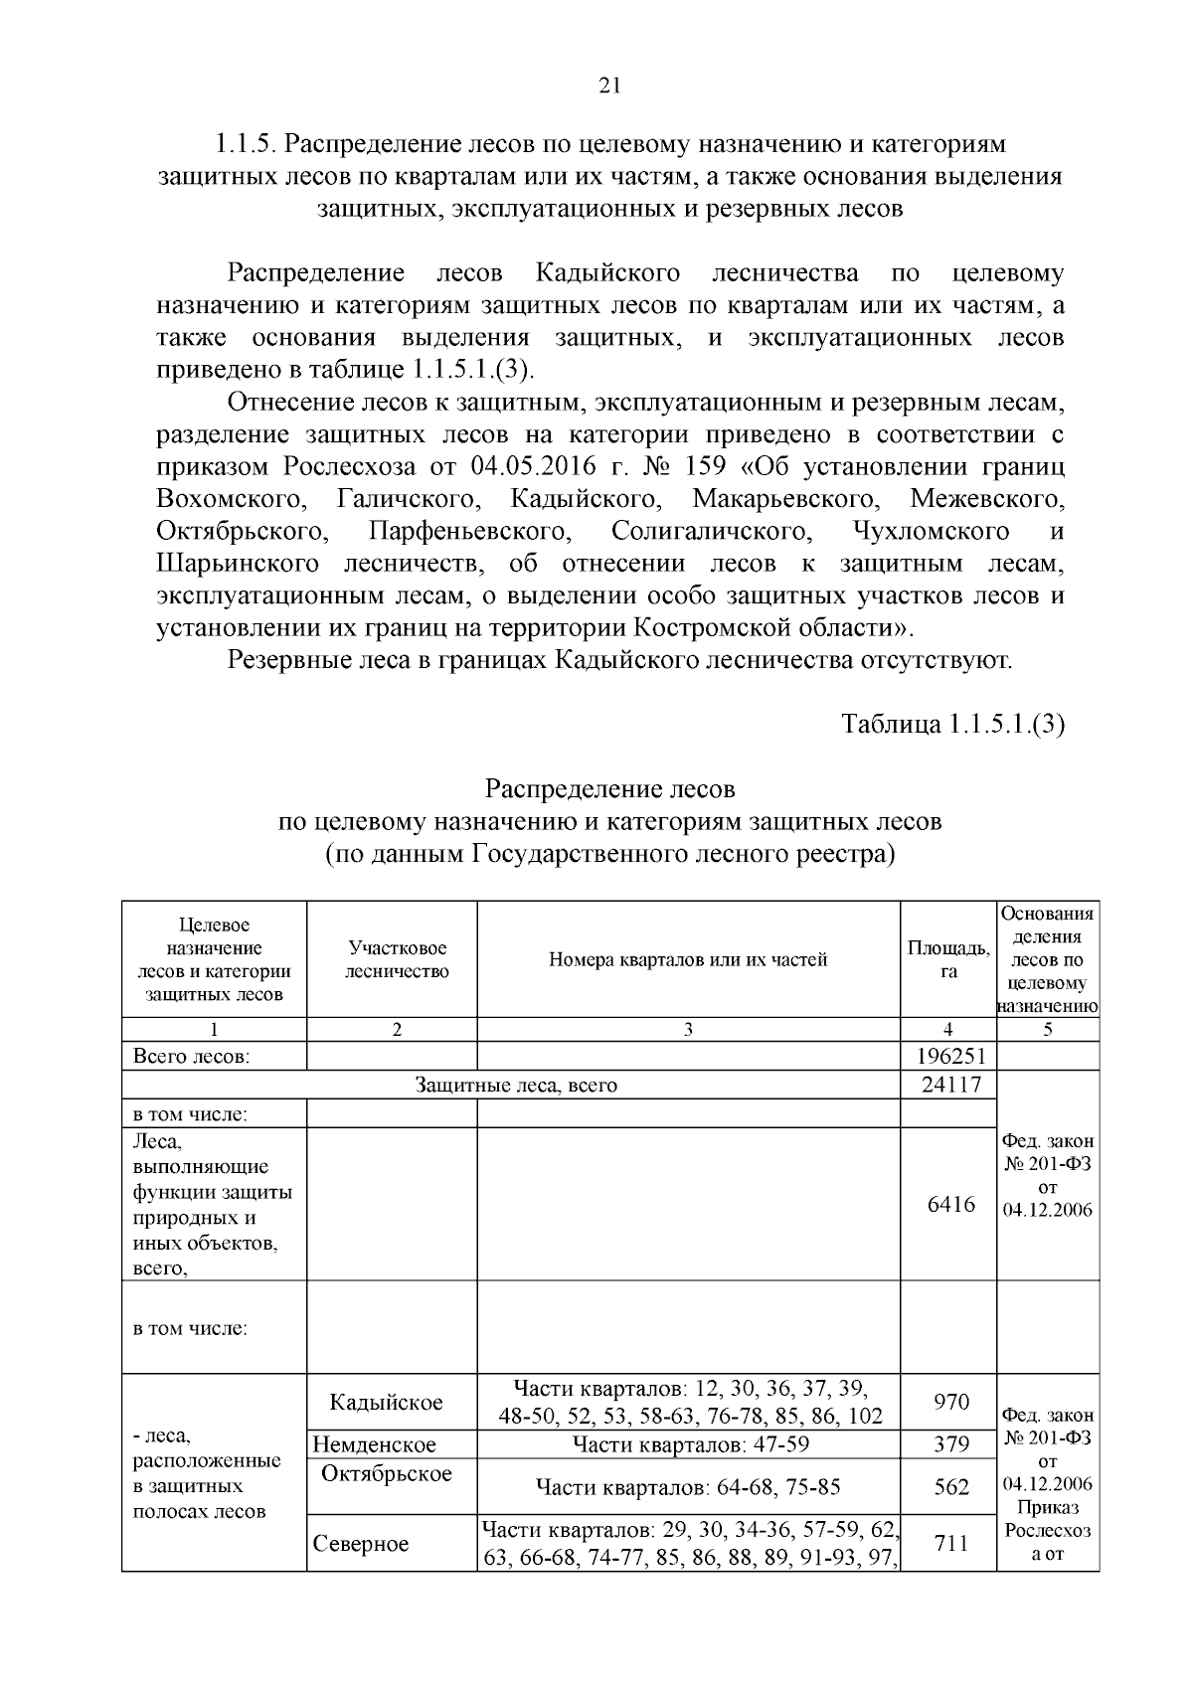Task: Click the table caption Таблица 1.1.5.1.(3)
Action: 952,724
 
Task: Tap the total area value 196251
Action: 948,1056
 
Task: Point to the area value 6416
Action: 950,1205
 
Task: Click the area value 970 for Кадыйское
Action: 950,1402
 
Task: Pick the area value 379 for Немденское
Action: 950,1444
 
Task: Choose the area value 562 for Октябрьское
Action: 950,1486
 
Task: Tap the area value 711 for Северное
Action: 950,1543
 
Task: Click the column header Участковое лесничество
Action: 396,959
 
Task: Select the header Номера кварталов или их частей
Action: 688,959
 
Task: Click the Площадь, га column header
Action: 948,959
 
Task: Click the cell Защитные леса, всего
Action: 515,1086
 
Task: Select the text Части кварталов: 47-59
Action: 688,1444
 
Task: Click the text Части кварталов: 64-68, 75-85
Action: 688,1487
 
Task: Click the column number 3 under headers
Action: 687,1030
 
